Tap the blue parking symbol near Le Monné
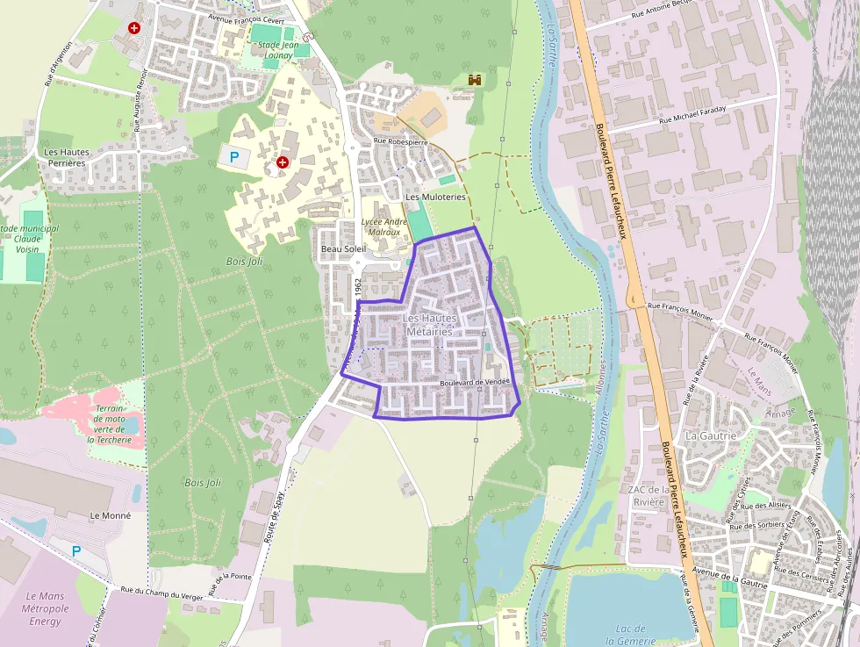tap(76, 550)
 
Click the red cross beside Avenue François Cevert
tap(134, 28)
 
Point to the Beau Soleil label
tap(343, 249)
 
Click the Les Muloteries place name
tap(436, 198)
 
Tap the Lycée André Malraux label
tap(384, 227)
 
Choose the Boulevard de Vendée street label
tap(475, 384)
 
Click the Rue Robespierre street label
tap(400, 140)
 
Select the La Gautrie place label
tap(711, 435)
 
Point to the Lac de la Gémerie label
tap(631, 635)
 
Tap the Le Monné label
tap(110, 515)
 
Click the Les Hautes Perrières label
tap(67, 157)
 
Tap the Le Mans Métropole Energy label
tap(46, 608)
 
